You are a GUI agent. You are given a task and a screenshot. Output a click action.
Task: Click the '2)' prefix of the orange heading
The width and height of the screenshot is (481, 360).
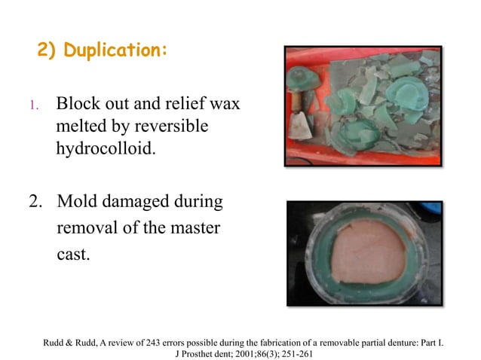tap(47, 50)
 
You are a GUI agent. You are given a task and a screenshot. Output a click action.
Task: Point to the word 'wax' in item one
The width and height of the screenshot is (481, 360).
tap(223, 104)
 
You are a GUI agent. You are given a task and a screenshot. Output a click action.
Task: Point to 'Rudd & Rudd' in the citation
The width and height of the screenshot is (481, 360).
tap(72, 344)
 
